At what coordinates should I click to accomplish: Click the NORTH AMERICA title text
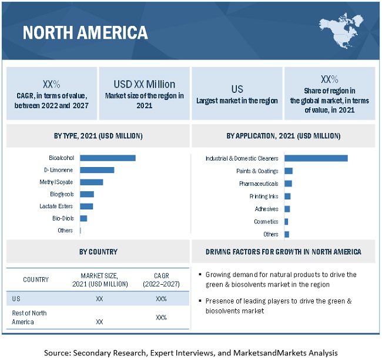click(85, 32)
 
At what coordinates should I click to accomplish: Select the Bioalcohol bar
click(108, 158)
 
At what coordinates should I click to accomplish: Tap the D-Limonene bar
click(97, 170)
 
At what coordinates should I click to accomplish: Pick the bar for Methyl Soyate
click(91, 182)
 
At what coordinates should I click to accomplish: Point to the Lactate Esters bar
click(86, 206)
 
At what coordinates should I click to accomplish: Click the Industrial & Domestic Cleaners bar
click(316, 158)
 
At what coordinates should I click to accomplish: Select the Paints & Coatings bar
click(288, 171)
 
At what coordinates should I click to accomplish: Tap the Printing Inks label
click(264, 196)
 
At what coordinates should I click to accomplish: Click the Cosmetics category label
click(266, 222)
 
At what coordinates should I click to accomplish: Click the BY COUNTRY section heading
click(98, 252)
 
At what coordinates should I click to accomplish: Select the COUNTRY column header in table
click(36, 279)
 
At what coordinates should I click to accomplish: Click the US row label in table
click(16, 299)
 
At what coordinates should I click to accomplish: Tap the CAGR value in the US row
click(161, 299)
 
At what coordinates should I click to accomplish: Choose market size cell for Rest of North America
click(99, 322)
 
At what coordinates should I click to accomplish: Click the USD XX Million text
click(144, 84)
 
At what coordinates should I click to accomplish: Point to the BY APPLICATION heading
click(283, 136)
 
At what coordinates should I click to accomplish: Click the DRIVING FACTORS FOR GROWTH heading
click(283, 252)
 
